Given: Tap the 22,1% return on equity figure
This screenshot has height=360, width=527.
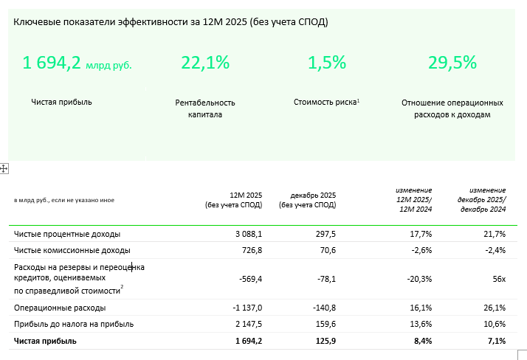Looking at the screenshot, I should click(x=205, y=63).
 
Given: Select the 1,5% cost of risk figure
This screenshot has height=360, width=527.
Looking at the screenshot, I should click(x=327, y=63).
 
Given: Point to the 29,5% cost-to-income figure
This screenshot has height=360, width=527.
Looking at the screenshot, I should click(x=452, y=63).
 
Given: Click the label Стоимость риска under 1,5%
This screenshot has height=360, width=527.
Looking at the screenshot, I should click(x=325, y=102).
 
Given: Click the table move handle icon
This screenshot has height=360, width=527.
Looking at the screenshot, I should click(x=4, y=169).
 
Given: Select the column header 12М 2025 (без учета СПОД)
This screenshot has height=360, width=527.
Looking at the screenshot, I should click(x=236, y=199).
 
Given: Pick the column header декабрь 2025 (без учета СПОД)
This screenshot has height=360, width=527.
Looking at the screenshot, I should click(x=308, y=199).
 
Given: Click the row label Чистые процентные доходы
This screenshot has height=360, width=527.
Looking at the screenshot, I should click(x=67, y=234).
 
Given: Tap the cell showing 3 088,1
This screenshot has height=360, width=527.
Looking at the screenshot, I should click(x=249, y=234).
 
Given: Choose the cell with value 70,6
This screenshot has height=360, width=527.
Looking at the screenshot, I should click(x=325, y=251).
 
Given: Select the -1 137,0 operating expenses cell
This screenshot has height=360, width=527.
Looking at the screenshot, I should click(x=246, y=308).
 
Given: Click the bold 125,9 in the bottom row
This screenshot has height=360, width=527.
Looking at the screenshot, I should click(x=323, y=341).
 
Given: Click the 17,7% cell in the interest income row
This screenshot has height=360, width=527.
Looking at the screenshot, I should click(x=419, y=234).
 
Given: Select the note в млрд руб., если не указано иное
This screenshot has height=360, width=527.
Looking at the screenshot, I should click(x=64, y=200).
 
